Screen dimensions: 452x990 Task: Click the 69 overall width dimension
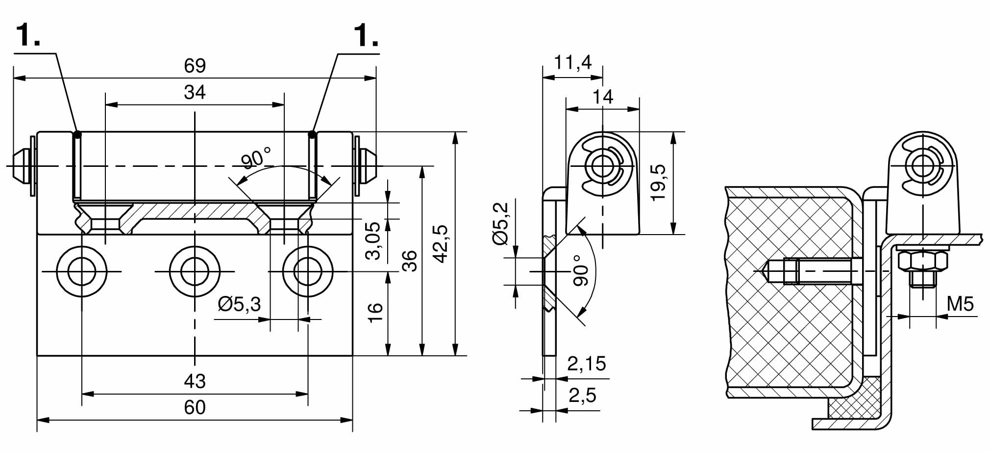[x=195, y=66]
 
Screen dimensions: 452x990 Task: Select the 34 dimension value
[x=195, y=92]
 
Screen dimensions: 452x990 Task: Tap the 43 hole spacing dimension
[x=195, y=381]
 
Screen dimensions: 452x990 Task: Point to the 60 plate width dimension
[x=195, y=408]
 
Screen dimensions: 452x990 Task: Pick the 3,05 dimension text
[x=373, y=240]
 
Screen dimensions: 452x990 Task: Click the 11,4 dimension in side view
[x=572, y=63]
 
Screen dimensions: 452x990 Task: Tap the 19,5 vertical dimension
[x=659, y=182]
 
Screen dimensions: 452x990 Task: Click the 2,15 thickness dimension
[x=587, y=364]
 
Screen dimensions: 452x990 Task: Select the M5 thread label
[x=960, y=304]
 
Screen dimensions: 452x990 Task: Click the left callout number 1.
[x=28, y=35]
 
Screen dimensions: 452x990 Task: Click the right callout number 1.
[x=366, y=35]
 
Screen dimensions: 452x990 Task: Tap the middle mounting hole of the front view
[x=195, y=271]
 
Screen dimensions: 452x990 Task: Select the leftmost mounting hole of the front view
[x=82, y=271]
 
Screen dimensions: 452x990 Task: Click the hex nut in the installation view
[x=922, y=261]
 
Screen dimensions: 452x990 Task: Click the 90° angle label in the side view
[x=580, y=270]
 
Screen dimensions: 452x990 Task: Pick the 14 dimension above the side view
[x=602, y=97]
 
